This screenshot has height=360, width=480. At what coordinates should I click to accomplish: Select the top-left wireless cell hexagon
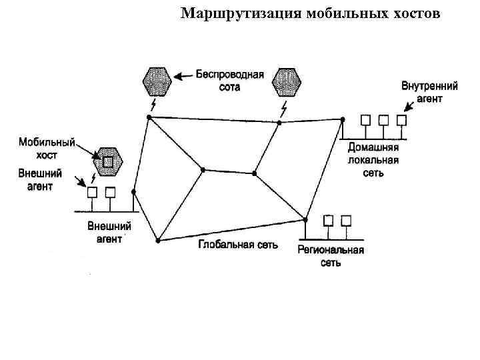[x=157, y=81]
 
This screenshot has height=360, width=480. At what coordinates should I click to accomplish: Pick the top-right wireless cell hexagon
[x=287, y=81]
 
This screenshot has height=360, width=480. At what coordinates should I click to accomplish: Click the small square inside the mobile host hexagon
[x=108, y=161]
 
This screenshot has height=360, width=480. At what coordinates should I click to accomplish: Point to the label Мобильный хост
[x=46, y=149]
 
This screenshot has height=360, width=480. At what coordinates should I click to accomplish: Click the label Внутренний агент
[x=429, y=93]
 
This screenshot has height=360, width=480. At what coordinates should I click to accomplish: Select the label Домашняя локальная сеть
[x=373, y=161]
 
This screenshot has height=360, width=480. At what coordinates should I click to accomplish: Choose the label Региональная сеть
[x=331, y=256]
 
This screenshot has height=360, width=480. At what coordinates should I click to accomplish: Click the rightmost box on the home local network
[x=401, y=121]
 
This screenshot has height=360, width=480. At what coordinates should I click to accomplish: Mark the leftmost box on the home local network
[x=365, y=121]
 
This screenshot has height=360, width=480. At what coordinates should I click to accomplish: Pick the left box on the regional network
[x=328, y=220]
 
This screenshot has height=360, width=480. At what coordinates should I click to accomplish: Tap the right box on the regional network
[x=346, y=220]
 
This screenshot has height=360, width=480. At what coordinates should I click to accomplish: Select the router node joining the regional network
[x=306, y=219]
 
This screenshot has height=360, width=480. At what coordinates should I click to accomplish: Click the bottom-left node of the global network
[x=158, y=241]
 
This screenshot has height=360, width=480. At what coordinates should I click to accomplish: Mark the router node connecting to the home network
[x=343, y=120]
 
